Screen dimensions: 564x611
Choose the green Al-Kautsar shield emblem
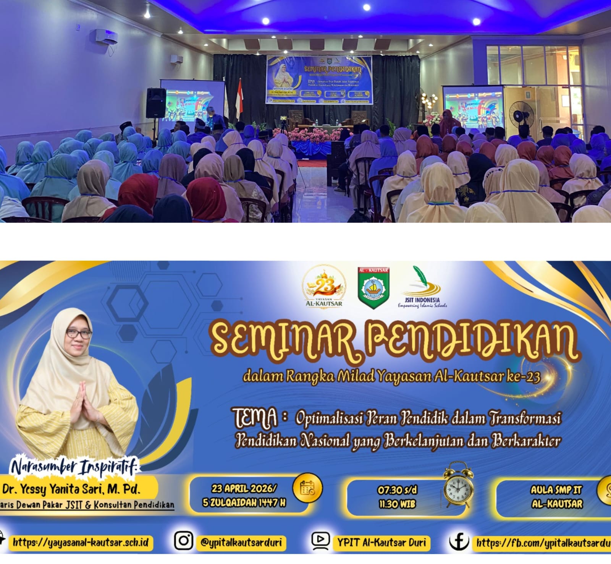(373, 287)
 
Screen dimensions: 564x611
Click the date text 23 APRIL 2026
(244, 488)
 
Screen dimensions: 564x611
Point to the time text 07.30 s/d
(397, 490)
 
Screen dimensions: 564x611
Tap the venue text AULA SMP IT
(556, 490)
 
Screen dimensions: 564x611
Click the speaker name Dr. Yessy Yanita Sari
(71, 489)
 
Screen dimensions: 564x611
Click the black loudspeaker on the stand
(156, 103)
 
